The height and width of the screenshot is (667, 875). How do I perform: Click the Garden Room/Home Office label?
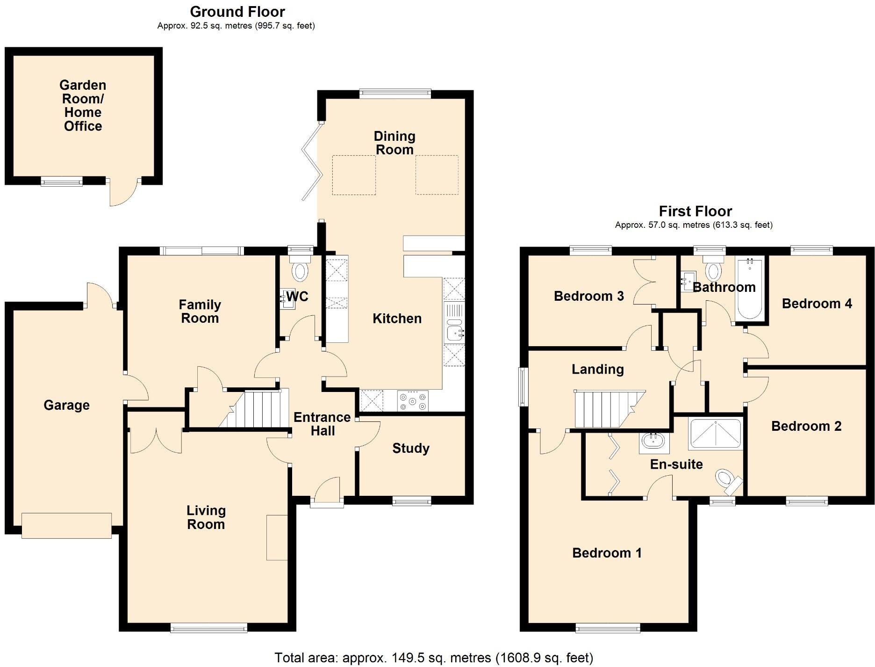pyautogui.click(x=83, y=106)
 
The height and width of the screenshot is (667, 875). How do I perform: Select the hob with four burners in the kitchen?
pyautogui.click(x=412, y=401)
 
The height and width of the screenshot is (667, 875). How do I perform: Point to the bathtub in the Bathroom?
pyautogui.click(x=749, y=289)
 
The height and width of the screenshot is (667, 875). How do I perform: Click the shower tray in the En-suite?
pyautogui.click(x=715, y=434)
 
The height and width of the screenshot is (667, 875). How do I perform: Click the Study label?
pyautogui.click(x=411, y=449)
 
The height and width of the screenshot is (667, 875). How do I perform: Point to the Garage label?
pyautogui.click(x=66, y=405)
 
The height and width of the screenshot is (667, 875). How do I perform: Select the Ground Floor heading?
pyautogui.click(x=237, y=12)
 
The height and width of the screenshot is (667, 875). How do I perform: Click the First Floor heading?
pyautogui.click(x=695, y=211)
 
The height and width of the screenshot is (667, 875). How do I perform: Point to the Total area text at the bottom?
pyautogui.click(x=433, y=658)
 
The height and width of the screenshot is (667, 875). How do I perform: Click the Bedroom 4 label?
pyautogui.click(x=817, y=304)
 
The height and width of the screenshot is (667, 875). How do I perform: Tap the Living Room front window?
pyautogui.click(x=208, y=628)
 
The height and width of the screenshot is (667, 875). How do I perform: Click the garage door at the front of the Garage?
pyautogui.click(x=66, y=526)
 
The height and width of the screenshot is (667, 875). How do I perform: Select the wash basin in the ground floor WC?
pyautogui.click(x=287, y=299)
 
